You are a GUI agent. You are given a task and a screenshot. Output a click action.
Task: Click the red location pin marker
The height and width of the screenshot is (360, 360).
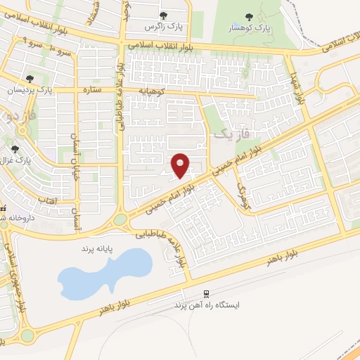pos(181,165)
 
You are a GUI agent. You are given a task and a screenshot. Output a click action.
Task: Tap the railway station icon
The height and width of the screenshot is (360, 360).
pos(206,293)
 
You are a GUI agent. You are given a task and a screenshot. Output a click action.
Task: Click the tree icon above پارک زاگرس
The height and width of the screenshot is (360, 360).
pos(163,15)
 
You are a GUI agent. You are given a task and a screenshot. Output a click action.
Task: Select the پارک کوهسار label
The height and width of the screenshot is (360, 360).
pos(247,29)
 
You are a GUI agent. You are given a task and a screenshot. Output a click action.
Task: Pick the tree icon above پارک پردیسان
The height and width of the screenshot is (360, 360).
pos(30,79)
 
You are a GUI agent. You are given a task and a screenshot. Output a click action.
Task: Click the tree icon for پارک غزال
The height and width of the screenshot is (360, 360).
pos(16,148)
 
